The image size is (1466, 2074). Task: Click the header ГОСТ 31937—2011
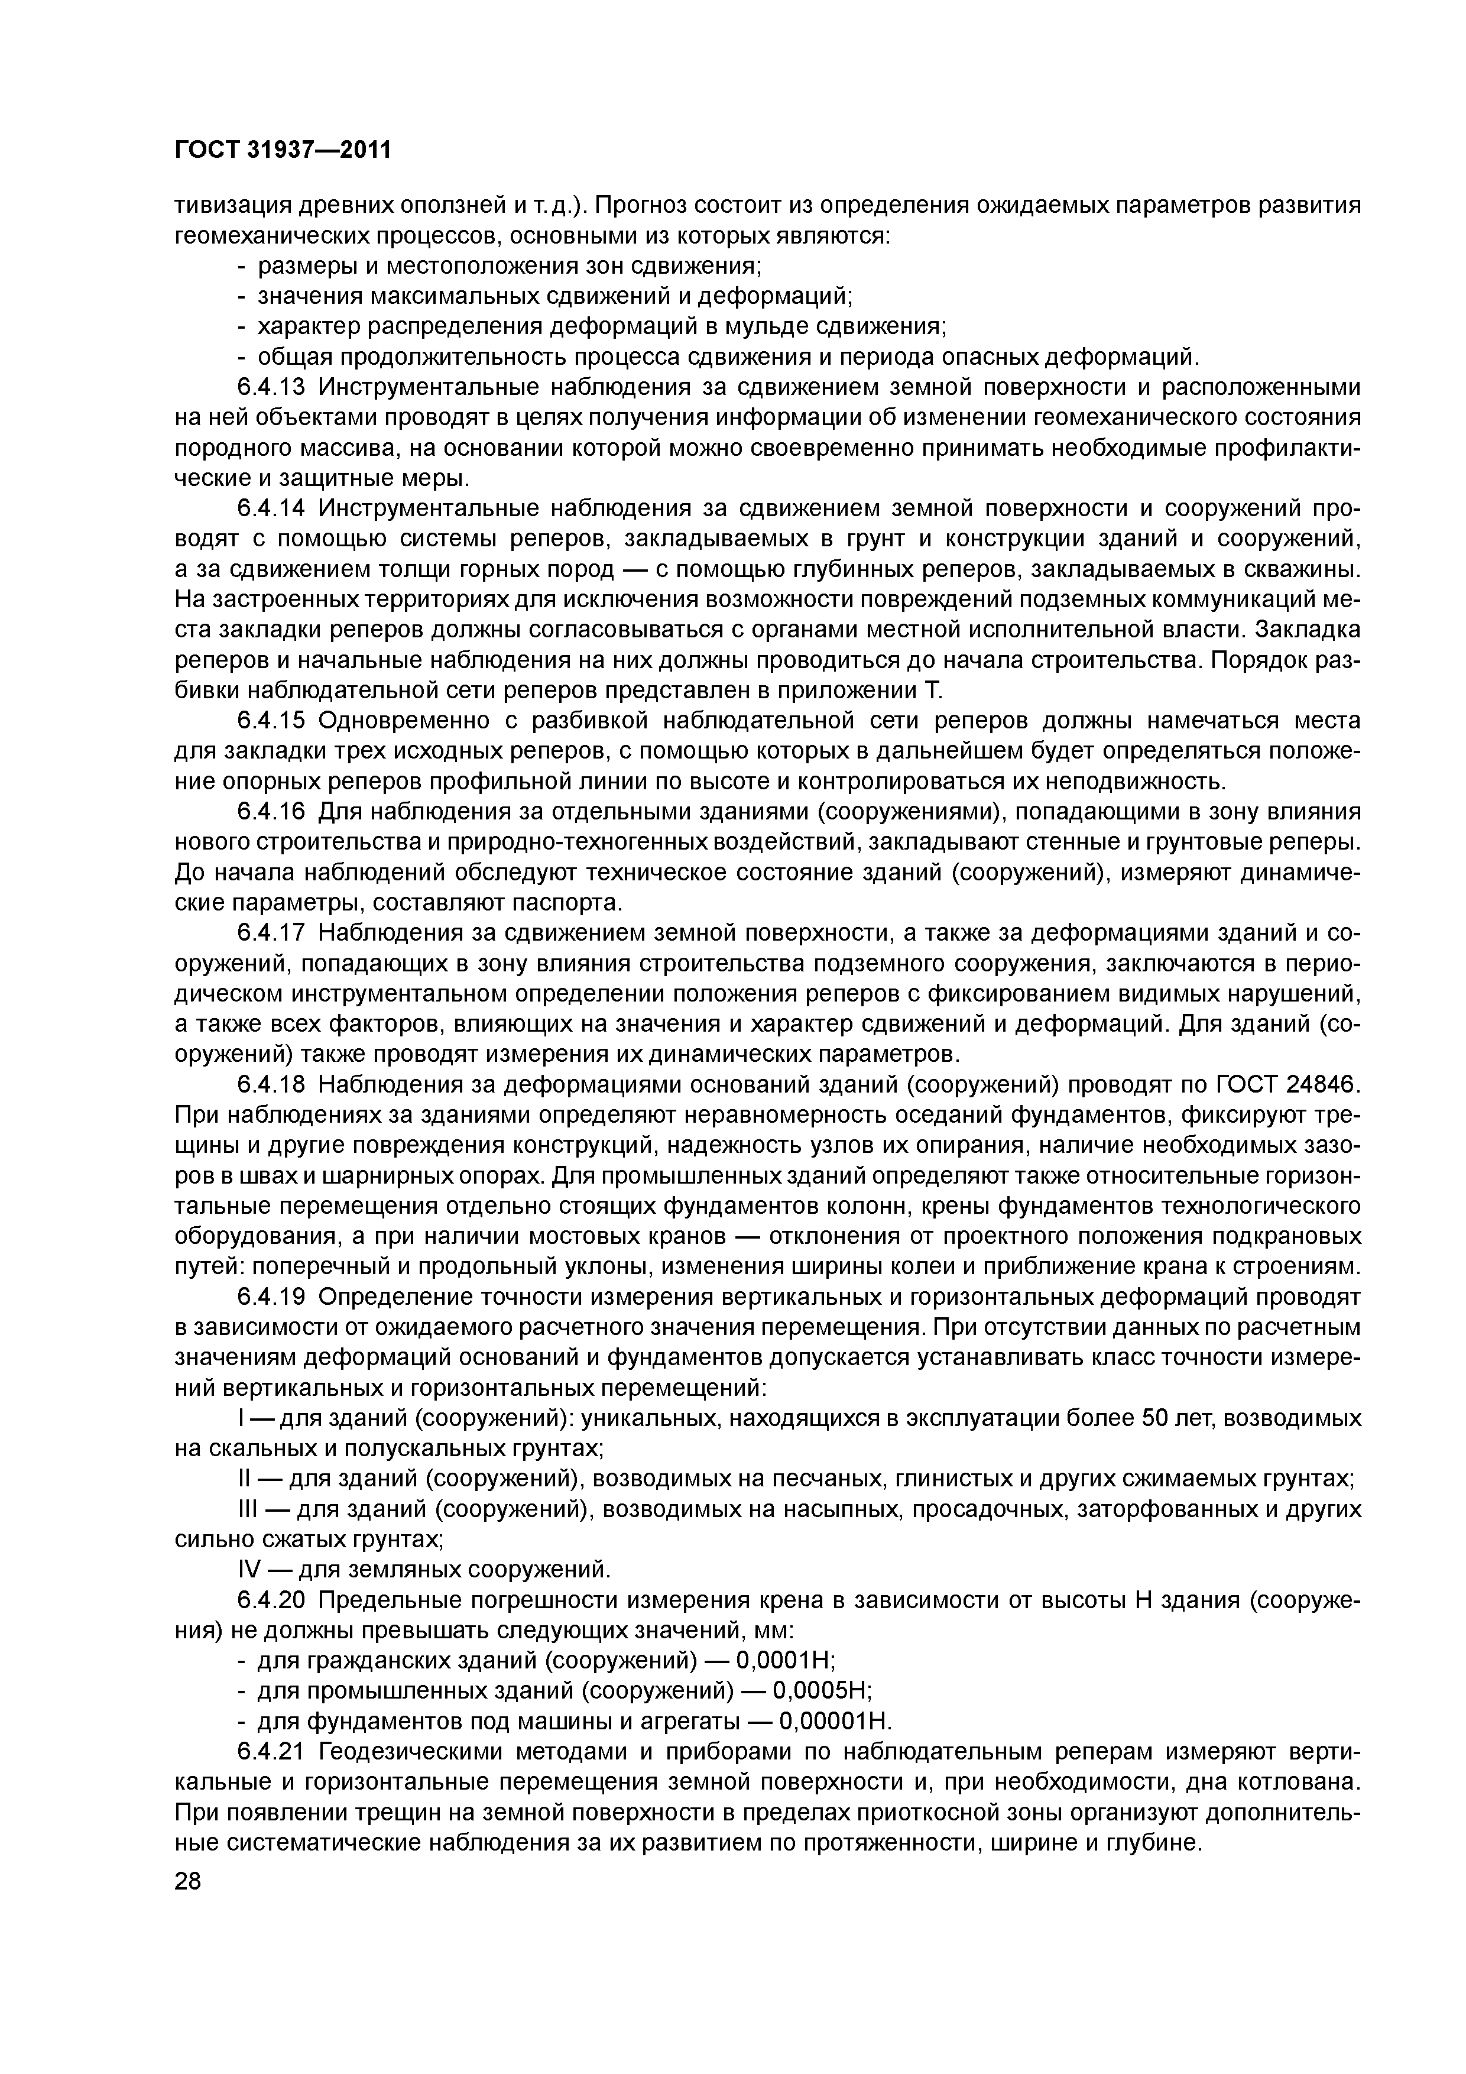(x=283, y=149)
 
